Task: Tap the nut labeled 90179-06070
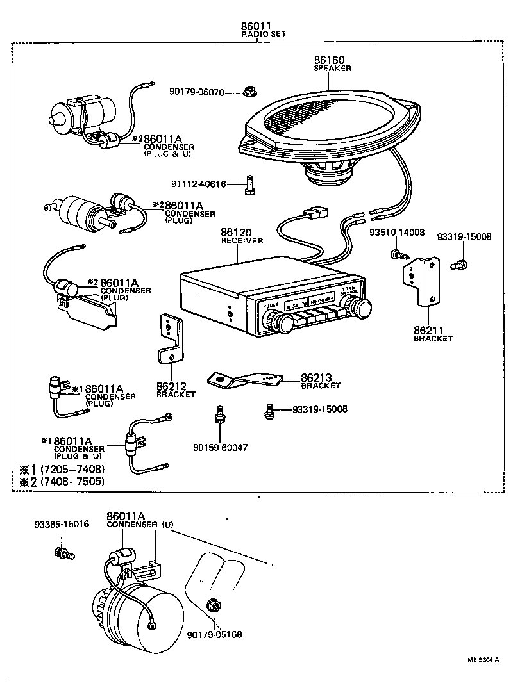(248, 92)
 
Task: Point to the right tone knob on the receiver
(364, 308)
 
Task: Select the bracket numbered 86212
(171, 339)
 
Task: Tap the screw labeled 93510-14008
(396, 255)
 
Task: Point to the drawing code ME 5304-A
(482, 658)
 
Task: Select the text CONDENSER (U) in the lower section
(140, 524)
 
